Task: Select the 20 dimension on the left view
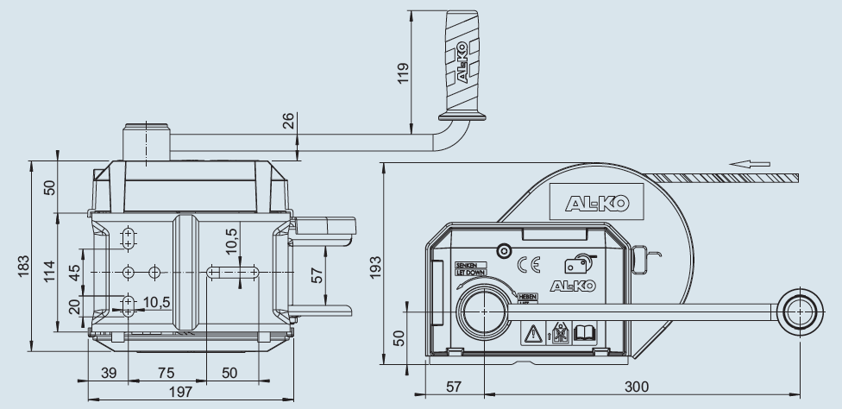coord(75,305)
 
